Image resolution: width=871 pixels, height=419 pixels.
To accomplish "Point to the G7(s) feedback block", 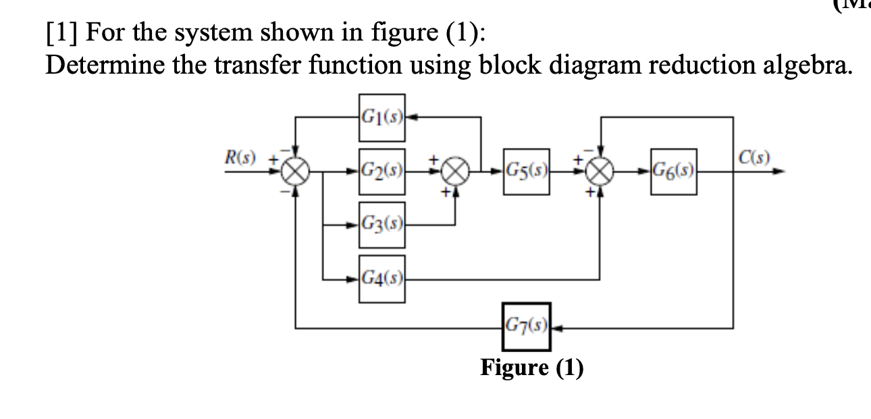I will point(525,328).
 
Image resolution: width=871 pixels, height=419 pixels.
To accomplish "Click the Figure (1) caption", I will point(531,368).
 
